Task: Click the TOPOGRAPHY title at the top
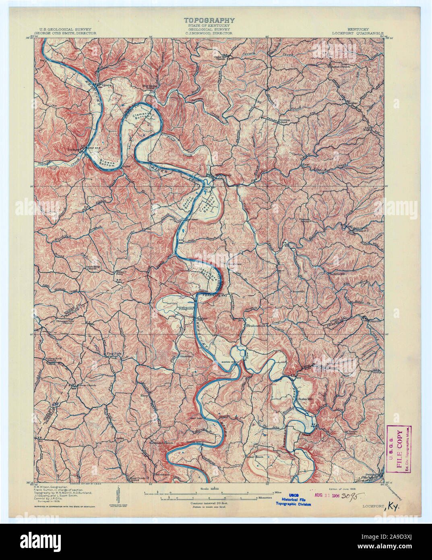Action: (209, 20)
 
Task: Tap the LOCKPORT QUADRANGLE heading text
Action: (358, 34)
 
